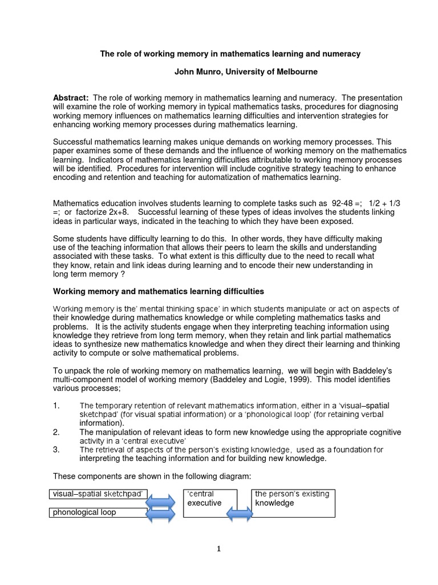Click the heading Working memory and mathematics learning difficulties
159,292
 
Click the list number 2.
56,432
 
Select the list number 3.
56,450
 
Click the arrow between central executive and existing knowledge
240,514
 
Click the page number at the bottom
218,550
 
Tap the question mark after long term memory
121,274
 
